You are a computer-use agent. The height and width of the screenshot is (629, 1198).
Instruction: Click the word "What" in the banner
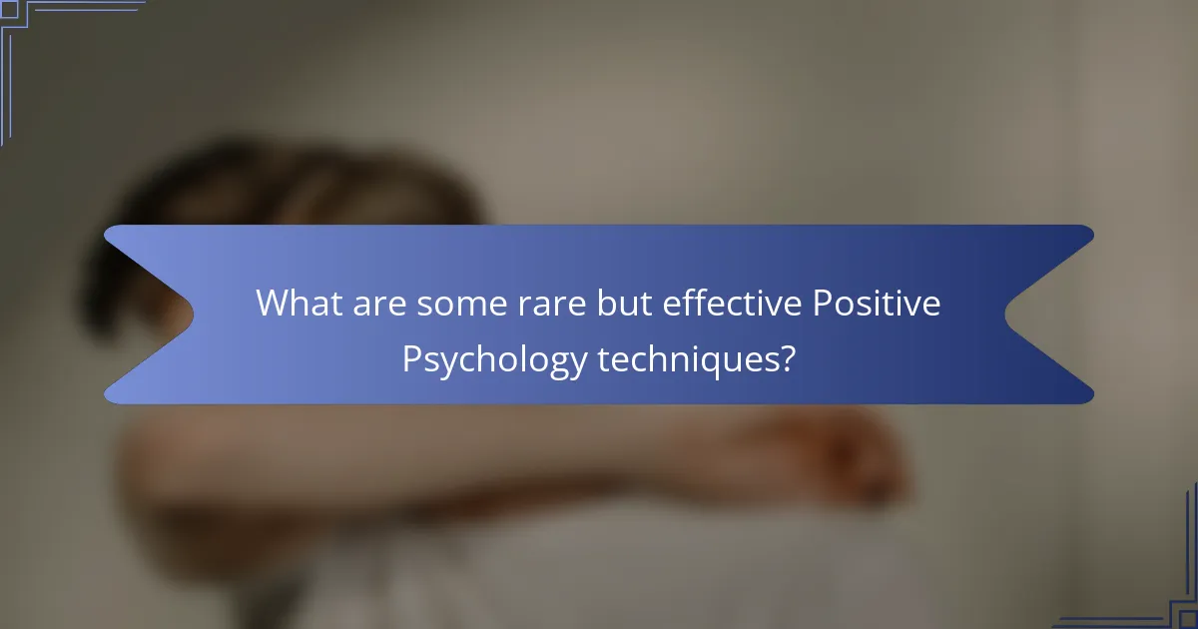pyautogui.click(x=298, y=303)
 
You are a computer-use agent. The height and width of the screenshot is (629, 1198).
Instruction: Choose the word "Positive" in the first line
pyautogui.click(x=876, y=303)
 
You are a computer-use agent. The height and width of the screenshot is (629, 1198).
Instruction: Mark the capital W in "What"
pyautogui.click(x=273, y=303)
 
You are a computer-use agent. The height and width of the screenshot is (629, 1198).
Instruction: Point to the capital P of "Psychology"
pyautogui.click(x=410, y=357)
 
